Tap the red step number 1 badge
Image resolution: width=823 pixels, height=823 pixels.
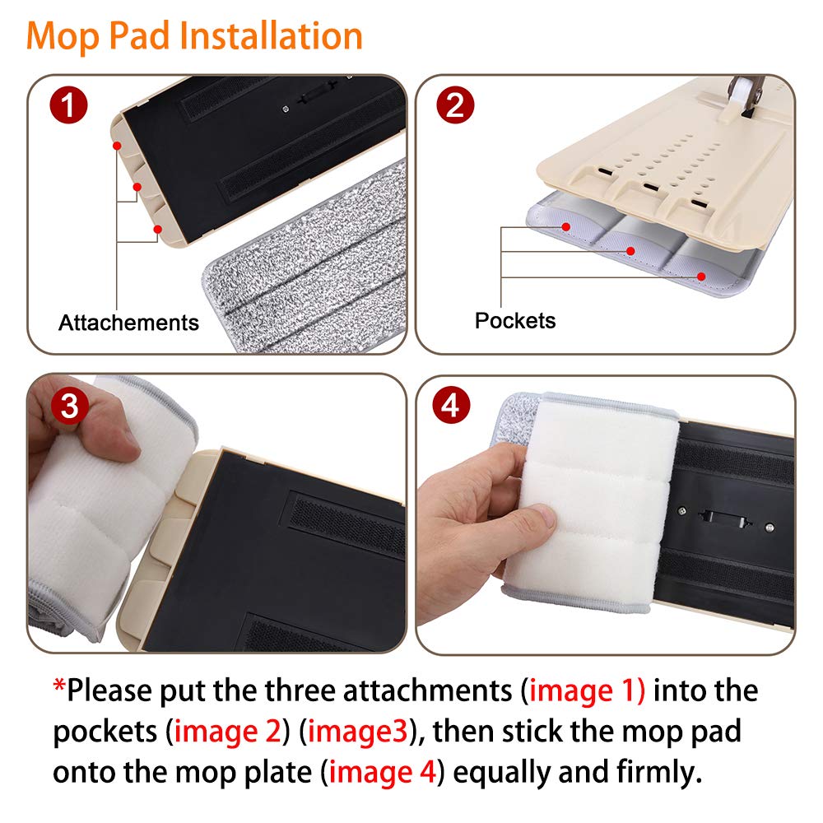[x=68, y=105]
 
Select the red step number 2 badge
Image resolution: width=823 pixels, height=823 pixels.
[x=455, y=105]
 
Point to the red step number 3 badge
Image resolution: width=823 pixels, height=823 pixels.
[x=69, y=407]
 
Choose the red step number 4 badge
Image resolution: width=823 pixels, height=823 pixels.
[x=451, y=405]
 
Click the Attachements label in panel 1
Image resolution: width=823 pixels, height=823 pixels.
[x=128, y=323]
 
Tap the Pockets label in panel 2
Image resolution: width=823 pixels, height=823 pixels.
[x=515, y=320]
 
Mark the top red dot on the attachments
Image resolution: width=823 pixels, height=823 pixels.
[x=117, y=146]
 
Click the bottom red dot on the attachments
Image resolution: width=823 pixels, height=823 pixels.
[x=157, y=230]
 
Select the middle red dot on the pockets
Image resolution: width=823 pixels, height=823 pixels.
[x=631, y=251]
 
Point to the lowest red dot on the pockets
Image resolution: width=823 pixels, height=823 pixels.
[x=701, y=277]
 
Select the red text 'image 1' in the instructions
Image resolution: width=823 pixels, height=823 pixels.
[x=587, y=690]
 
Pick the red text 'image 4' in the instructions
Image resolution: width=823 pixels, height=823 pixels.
[x=383, y=772]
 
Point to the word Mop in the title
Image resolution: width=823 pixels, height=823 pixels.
[x=63, y=37]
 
